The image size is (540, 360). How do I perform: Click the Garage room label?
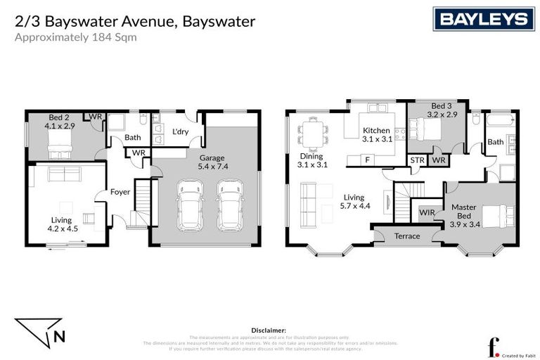point(212,158)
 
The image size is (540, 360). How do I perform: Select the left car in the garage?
point(190,205)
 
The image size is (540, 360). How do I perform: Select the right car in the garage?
point(229,205)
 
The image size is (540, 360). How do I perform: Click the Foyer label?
point(121,191)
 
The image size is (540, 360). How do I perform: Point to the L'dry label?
point(179,131)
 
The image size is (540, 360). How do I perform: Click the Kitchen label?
point(375,130)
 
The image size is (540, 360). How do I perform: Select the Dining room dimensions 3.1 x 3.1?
point(311,165)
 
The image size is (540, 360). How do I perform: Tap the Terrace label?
point(406,236)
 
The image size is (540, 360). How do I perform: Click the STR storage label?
point(417,161)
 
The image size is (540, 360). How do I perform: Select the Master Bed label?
point(464,212)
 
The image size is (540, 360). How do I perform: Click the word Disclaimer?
point(269,329)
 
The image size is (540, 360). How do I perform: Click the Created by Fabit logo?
point(508,347)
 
